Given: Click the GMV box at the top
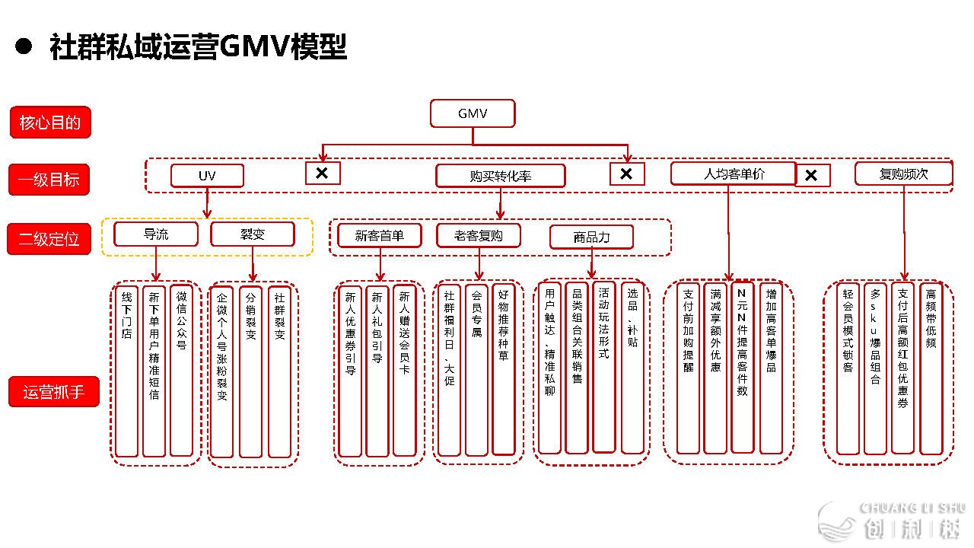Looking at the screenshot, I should pos(473,114).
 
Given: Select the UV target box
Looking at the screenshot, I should pos(207,176).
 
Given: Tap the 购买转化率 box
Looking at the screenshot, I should pos(500,176).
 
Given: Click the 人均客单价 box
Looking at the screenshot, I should pos(733,174).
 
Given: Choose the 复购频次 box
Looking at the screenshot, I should pos(903,174).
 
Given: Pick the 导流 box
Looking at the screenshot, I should pos(156,234).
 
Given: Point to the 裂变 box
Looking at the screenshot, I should pos(253,234).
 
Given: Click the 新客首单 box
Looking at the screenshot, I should pos(380,235).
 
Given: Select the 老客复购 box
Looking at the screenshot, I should pos(479,235).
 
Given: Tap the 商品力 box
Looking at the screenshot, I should pos(591,237).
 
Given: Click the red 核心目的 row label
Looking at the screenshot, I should pos(50,123).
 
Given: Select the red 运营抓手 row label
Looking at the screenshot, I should pos(54,393).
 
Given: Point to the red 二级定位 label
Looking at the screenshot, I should pos(49,239).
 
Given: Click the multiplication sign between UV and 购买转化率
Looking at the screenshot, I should pos(322,174).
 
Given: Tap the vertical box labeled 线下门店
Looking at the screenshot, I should pos(127,371).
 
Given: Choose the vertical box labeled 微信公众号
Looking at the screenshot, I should pos(181,371).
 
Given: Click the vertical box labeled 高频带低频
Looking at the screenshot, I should pos(931,368).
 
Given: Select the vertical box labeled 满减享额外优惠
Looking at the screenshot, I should pos(715,368).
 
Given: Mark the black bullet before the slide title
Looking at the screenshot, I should pos(23,46).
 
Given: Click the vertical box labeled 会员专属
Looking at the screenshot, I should pos(476,370).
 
